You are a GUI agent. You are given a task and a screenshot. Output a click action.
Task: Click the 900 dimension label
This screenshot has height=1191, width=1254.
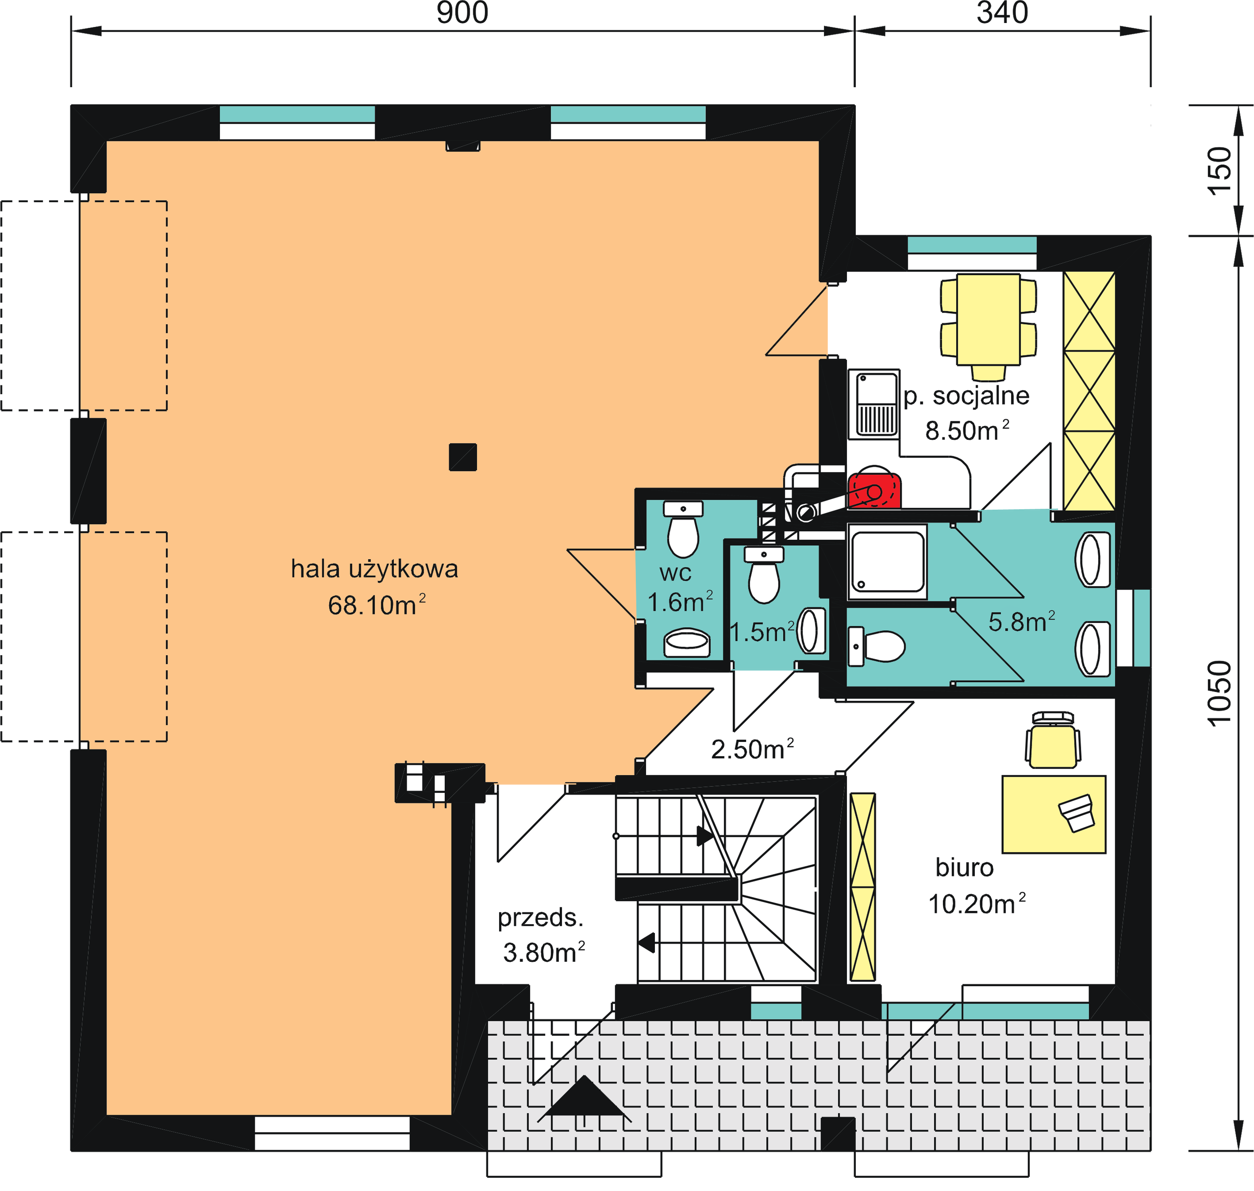(x=462, y=13)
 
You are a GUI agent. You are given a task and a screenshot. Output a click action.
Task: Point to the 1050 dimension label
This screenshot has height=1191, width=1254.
(x=1220, y=694)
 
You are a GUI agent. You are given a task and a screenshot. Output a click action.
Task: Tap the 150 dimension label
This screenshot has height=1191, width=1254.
(x=1220, y=171)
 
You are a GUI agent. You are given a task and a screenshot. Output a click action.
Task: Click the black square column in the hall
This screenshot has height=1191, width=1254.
(x=463, y=456)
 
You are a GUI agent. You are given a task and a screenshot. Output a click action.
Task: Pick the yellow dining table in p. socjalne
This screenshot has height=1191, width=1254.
(x=989, y=319)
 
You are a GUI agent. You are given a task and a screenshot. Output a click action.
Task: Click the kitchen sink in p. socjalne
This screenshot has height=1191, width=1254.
(x=874, y=404)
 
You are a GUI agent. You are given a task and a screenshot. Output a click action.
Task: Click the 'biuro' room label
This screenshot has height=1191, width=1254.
(x=965, y=867)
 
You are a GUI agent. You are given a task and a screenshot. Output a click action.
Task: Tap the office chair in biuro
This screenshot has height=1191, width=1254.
(x=1053, y=740)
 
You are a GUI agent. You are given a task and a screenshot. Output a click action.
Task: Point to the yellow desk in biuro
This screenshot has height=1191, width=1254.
(x=1054, y=814)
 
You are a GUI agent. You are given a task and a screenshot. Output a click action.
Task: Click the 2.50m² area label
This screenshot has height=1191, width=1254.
(x=752, y=749)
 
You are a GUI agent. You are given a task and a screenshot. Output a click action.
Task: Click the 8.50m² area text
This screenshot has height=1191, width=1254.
(x=967, y=430)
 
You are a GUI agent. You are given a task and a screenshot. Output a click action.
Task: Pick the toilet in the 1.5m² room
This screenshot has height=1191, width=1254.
(x=764, y=574)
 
